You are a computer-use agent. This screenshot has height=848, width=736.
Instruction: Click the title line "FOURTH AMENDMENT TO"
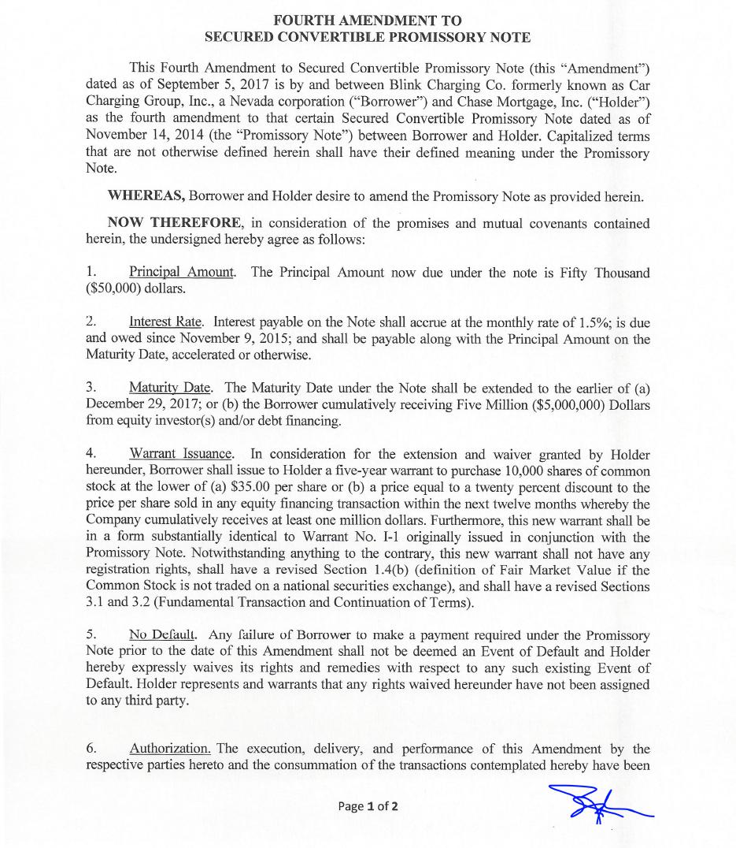coord(367,20)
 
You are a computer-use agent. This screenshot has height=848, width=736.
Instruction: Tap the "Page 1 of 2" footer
coord(368,806)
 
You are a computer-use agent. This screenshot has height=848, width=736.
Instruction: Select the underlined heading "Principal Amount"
coord(182,273)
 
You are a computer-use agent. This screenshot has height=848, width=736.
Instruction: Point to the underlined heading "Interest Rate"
coord(166,322)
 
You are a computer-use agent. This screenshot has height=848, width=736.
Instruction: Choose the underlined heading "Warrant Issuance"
coord(181,454)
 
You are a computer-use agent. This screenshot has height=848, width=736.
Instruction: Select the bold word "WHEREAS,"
coord(146,197)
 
